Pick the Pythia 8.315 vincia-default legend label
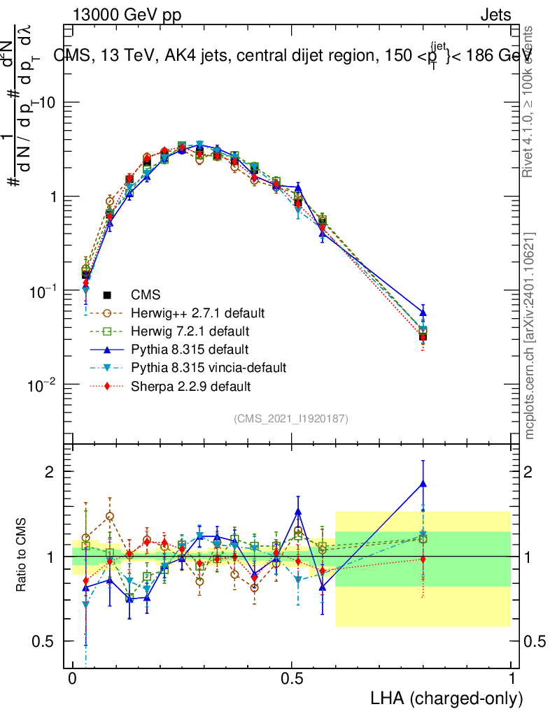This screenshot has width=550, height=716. (x=209, y=367)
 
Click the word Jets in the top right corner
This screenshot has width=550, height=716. (x=495, y=15)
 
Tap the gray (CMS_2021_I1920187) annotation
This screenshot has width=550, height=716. (x=291, y=418)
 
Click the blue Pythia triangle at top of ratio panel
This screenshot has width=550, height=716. (x=423, y=483)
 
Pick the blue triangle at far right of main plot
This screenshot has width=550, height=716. (x=423, y=313)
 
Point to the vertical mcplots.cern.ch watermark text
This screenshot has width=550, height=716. (x=530, y=336)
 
